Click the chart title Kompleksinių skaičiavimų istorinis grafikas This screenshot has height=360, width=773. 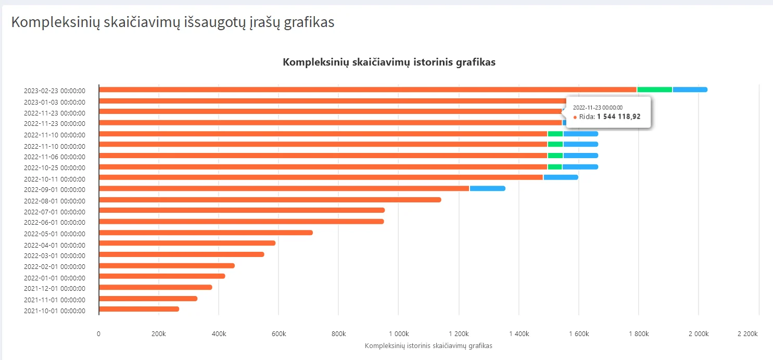coord(389,62)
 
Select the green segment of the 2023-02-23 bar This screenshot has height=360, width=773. coord(655,89)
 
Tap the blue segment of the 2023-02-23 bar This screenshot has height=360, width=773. coord(690,89)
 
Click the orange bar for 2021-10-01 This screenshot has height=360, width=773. coord(139,309)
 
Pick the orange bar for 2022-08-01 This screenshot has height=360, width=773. coord(270,200)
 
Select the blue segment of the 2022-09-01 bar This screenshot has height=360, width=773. coord(487,188)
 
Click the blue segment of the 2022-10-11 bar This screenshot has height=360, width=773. coord(561,177)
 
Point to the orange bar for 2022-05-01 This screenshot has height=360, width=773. coord(206,233)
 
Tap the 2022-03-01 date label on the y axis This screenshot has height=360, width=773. coord(55,255)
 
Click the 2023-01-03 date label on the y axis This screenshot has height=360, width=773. coord(55,102)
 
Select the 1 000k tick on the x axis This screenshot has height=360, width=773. coord(398,333)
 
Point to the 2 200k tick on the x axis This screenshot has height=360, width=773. coord(747,333)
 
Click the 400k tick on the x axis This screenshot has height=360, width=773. coord(219,333)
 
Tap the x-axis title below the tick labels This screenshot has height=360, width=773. coord(428,345)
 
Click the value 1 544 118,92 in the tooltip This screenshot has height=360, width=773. coord(618,117)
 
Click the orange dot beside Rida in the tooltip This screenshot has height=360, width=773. coord(575,118)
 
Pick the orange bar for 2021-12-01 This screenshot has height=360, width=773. coord(155,287)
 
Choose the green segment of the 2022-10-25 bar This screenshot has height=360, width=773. coord(555,167)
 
